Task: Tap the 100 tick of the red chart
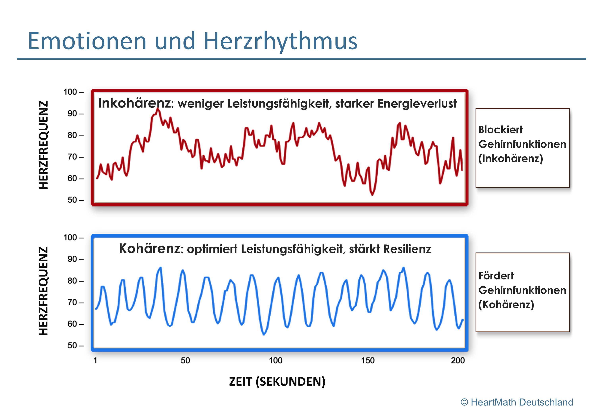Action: click(x=74, y=92)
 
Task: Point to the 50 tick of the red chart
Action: click(x=75, y=200)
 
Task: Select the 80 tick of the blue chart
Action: click(x=75, y=281)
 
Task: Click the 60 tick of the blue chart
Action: click(x=75, y=324)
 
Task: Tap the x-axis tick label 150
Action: click(x=368, y=360)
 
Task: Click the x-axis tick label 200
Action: click(x=458, y=360)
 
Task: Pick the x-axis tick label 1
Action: click(x=95, y=360)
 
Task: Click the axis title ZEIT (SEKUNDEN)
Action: click(x=277, y=382)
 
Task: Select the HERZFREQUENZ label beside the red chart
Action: click(x=43, y=145)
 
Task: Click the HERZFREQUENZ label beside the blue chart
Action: click(x=43, y=291)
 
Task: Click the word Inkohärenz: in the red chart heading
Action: click(x=136, y=103)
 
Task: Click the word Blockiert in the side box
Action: click(x=501, y=130)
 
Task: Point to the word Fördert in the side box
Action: click(x=496, y=276)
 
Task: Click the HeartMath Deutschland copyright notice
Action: click(x=517, y=402)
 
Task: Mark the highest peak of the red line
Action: click(x=157, y=109)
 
